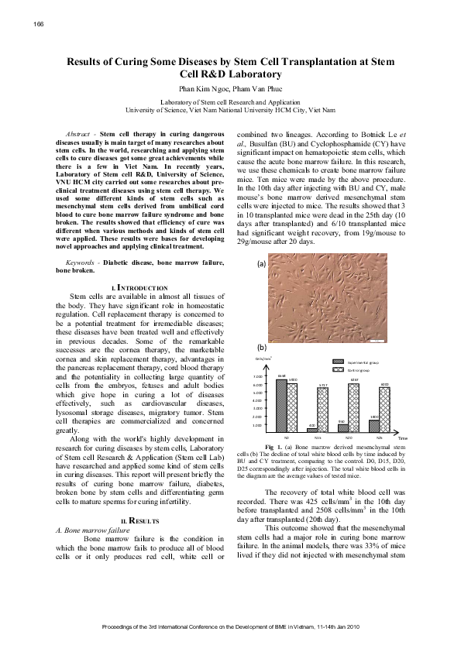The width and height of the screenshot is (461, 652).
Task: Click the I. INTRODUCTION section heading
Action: coord(139,287)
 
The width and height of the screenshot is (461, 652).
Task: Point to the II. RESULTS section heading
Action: coord(139,519)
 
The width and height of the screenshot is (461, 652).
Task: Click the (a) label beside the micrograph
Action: coord(262,263)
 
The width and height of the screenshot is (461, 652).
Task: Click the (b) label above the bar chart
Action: coord(262,348)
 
